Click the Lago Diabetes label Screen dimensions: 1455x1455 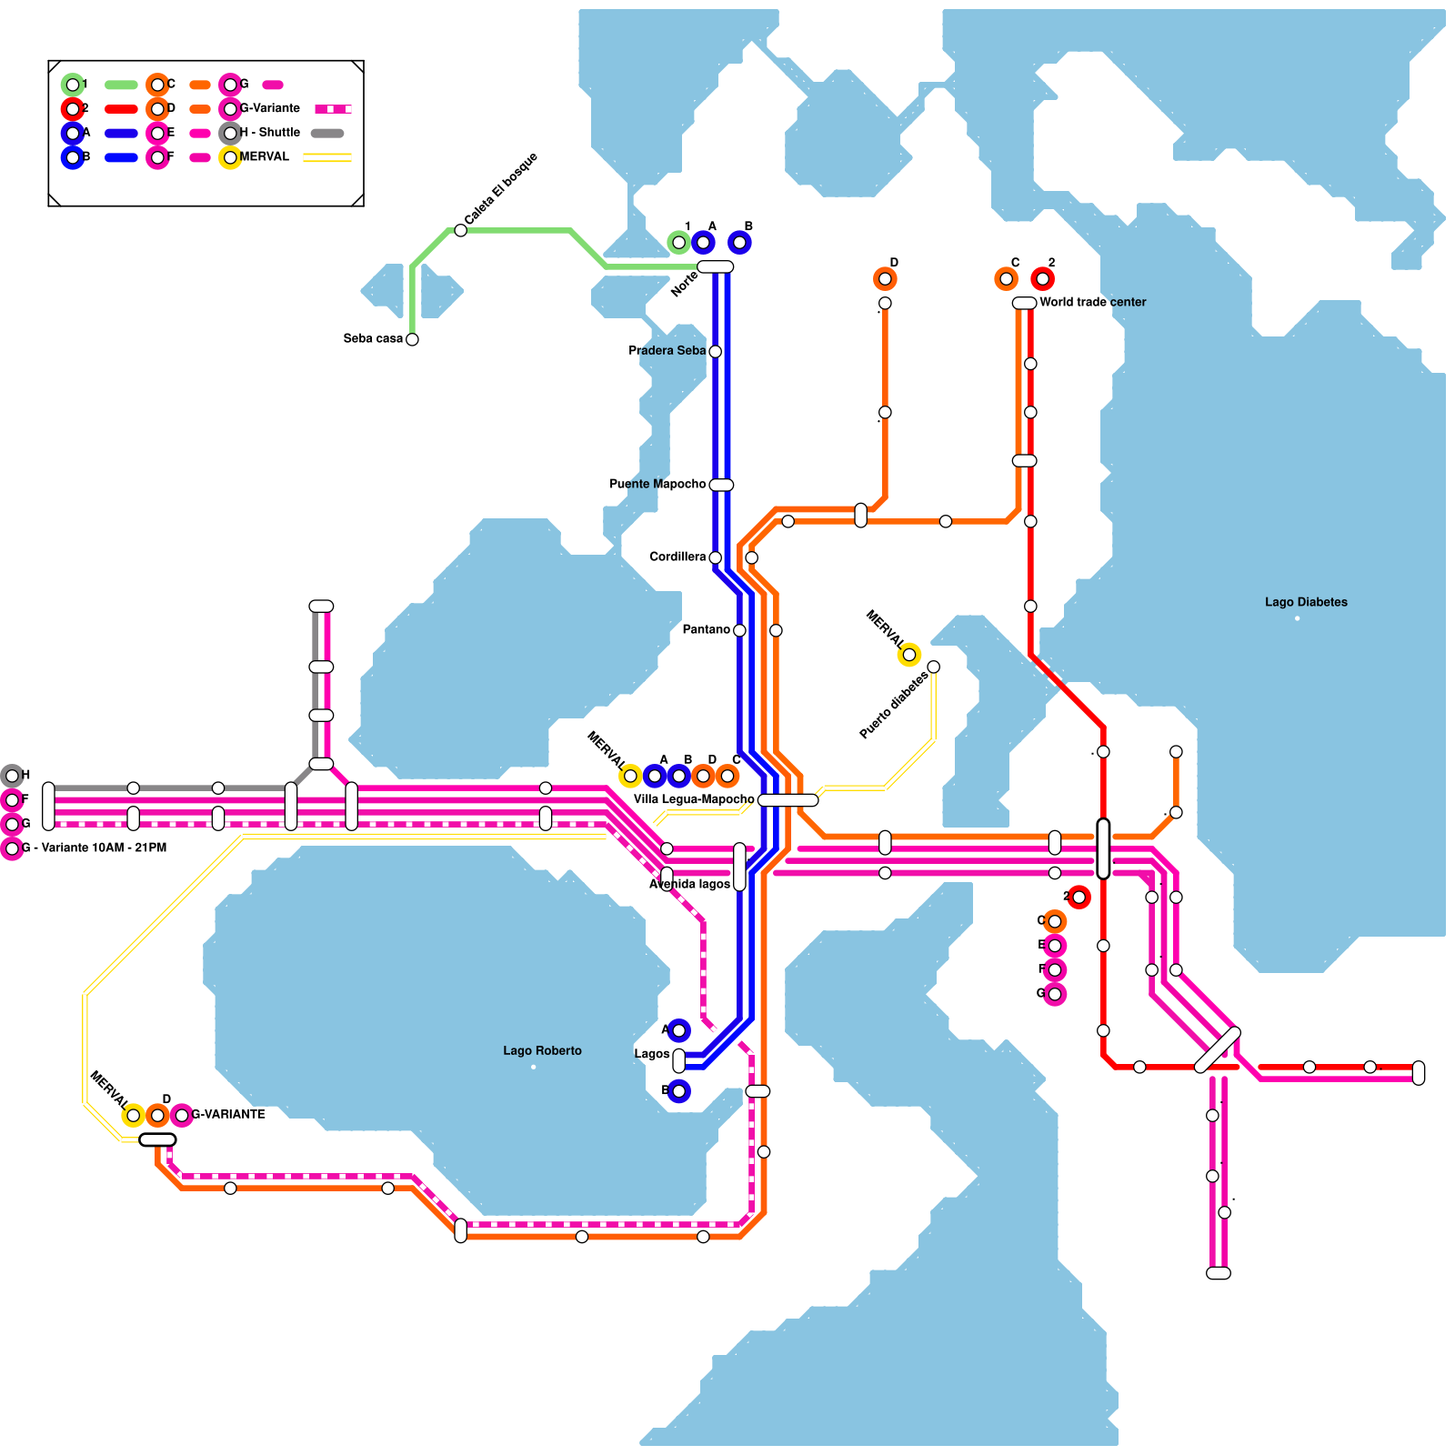tap(1306, 602)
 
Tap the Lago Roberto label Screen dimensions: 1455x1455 tap(542, 1050)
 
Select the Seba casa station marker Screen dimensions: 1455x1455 tap(412, 339)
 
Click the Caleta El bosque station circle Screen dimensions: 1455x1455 tap(461, 231)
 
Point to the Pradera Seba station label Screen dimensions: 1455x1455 tap(667, 350)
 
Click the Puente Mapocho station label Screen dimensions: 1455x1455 tap(657, 484)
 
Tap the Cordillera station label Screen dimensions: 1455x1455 tap(677, 557)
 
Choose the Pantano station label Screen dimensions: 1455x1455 tap(706, 629)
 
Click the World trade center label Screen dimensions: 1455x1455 tap(1092, 302)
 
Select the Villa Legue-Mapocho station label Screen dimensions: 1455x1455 tap(694, 799)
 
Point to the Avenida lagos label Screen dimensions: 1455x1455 tap(689, 884)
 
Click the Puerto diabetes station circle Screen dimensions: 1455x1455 tap(933, 667)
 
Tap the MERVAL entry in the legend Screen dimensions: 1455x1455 tap(264, 156)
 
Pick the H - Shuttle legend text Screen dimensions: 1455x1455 tap(269, 132)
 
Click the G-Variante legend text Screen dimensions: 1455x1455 tap(269, 108)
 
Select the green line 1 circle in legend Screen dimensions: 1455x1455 tap(73, 85)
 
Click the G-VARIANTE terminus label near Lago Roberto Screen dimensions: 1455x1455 tap(228, 1114)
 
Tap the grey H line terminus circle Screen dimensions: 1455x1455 tap(12, 776)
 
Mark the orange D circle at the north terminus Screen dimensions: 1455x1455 tap(885, 279)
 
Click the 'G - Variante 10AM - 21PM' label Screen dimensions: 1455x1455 tap(94, 848)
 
